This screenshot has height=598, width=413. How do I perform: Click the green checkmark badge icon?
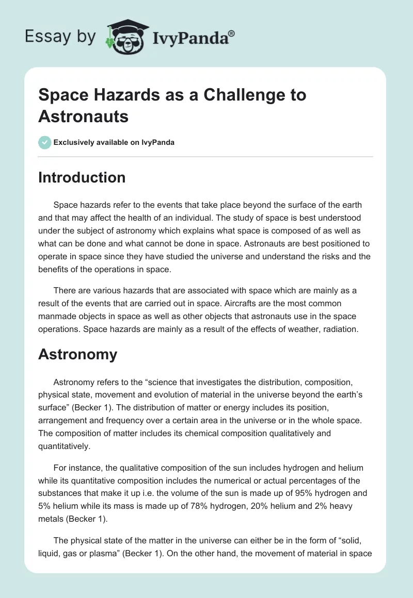coord(45,142)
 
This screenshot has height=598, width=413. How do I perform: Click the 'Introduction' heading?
coord(82,177)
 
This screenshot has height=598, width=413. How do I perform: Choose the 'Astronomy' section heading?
coord(78,354)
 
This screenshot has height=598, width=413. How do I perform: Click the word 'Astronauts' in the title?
coord(83,116)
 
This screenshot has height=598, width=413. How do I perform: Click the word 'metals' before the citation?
coord(51,519)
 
